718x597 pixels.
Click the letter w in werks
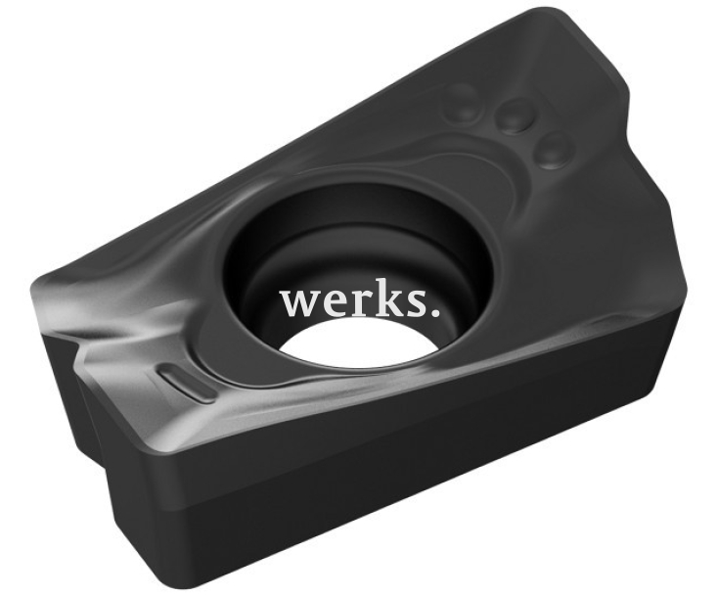pos(300,302)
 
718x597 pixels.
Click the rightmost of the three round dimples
pos(555,150)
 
